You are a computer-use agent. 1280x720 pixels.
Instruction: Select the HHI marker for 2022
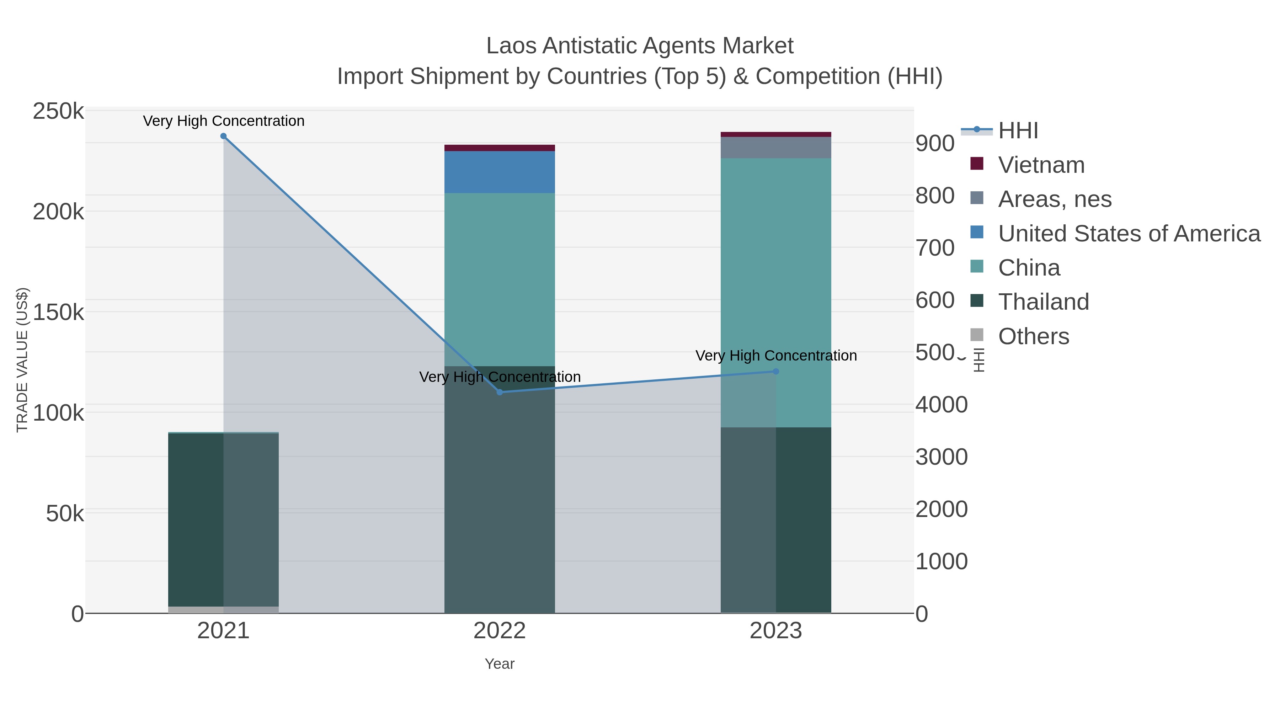point(500,392)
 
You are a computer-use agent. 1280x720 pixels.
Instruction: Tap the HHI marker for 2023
point(776,371)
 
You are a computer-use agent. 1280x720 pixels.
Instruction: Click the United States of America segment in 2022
point(500,172)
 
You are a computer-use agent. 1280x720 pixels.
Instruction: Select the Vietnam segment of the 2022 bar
point(500,148)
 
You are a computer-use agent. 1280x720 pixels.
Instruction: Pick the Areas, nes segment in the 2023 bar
point(776,148)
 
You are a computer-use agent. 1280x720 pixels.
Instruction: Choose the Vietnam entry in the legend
point(1041,165)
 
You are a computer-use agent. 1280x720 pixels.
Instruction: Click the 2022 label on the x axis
point(500,631)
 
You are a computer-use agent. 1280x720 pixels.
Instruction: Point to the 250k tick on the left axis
point(58,111)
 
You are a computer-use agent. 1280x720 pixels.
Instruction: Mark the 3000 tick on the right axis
point(941,457)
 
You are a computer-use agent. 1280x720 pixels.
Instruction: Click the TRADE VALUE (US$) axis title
point(22,360)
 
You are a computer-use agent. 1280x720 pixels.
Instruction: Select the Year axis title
point(500,664)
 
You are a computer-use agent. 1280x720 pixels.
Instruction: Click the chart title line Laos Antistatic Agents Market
point(640,46)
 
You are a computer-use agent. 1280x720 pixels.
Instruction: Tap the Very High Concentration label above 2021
point(224,121)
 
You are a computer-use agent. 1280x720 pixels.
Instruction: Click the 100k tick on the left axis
point(58,413)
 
